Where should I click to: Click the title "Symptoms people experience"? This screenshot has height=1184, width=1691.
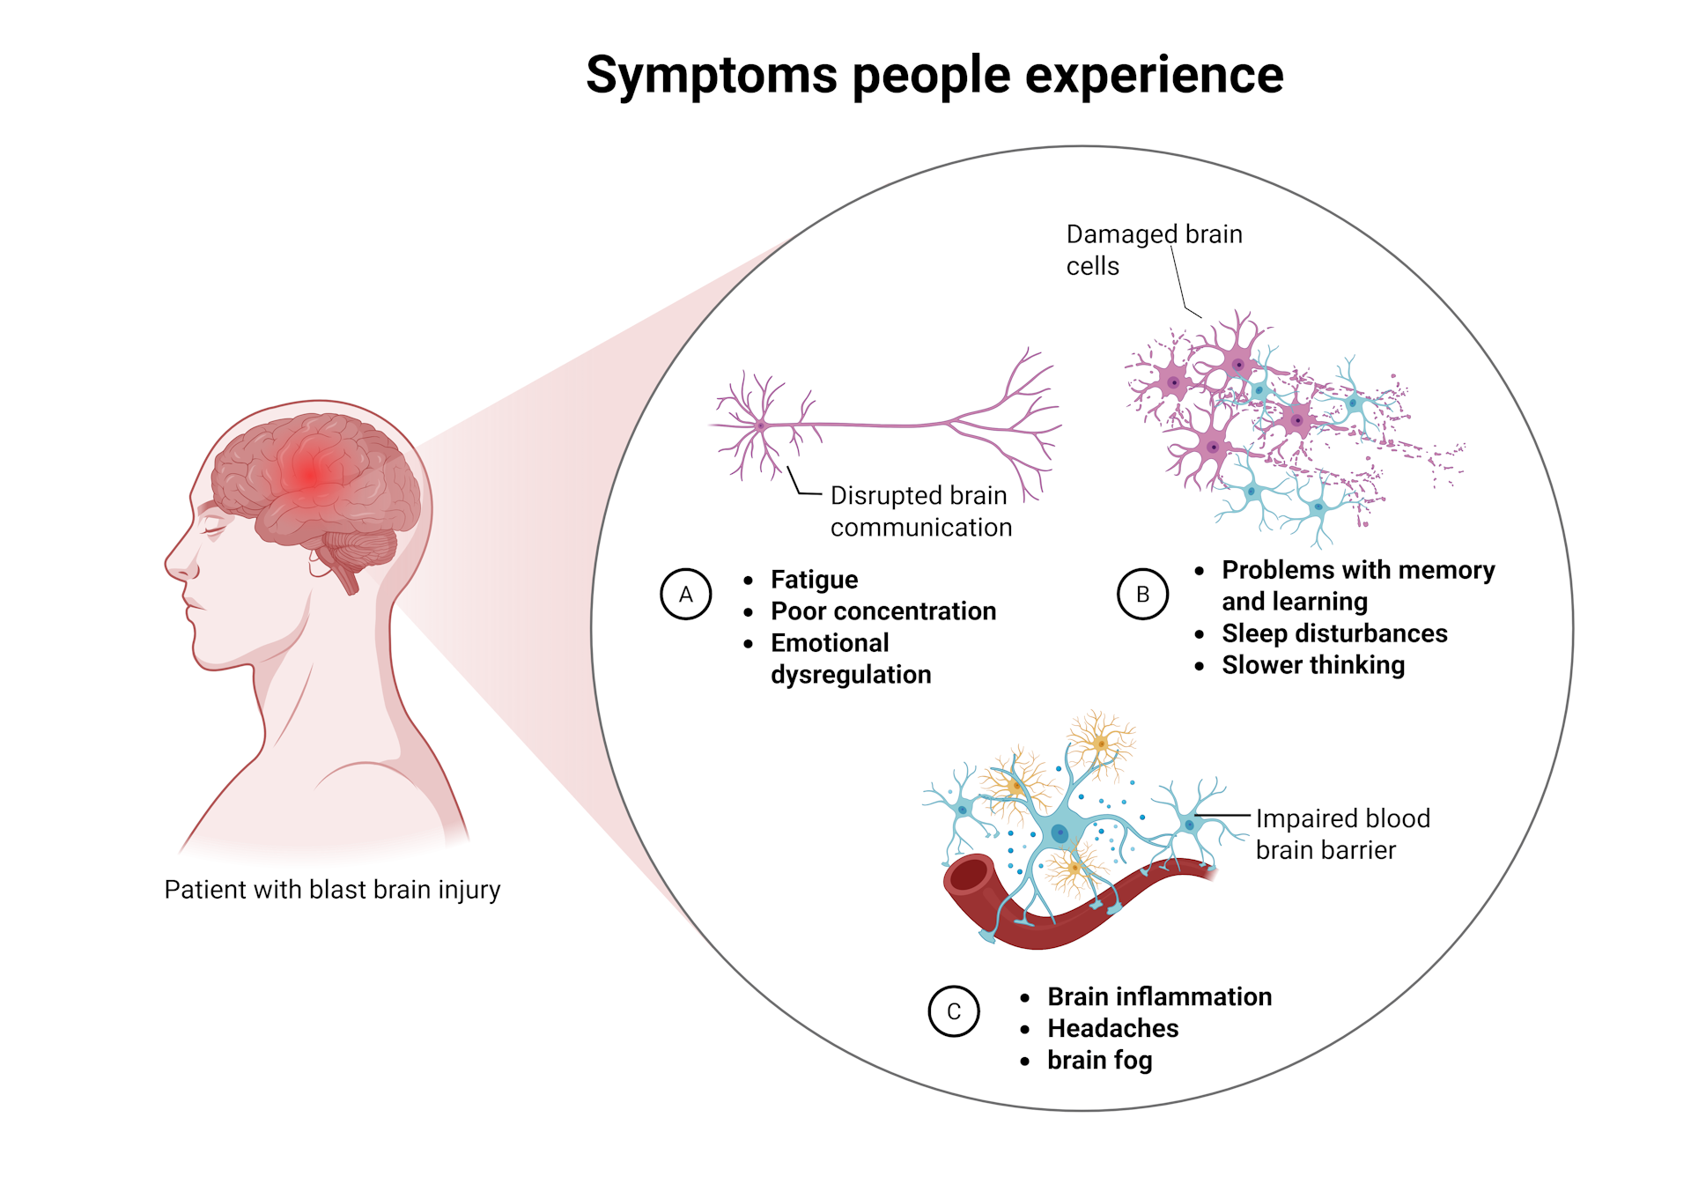coord(934,75)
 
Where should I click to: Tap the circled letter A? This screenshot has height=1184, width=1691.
coord(685,595)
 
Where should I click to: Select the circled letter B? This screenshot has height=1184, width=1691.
coord(1142,595)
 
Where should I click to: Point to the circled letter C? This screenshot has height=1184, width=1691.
coord(954,1011)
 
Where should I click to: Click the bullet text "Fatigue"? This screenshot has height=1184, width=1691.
coord(814,580)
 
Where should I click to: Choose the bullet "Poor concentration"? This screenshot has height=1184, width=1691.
coord(882,611)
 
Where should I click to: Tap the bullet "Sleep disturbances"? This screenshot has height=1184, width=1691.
coord(1333,633)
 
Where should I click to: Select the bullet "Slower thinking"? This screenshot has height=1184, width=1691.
coord(1312,665)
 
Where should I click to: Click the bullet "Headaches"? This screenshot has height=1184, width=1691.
coord(1112,1028)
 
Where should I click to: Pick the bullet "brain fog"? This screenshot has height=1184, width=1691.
coord(1099,1060)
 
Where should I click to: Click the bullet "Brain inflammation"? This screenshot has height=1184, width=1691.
coord(1159,996)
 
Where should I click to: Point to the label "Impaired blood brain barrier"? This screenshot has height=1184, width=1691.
coord(1341,834)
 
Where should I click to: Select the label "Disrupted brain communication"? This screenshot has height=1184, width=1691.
coord(920,511)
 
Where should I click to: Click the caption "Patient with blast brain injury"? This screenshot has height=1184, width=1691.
coord(332,890)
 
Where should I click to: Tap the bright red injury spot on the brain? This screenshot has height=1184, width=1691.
coord(310,472)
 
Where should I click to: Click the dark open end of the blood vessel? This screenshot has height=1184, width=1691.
coord(970,876)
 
